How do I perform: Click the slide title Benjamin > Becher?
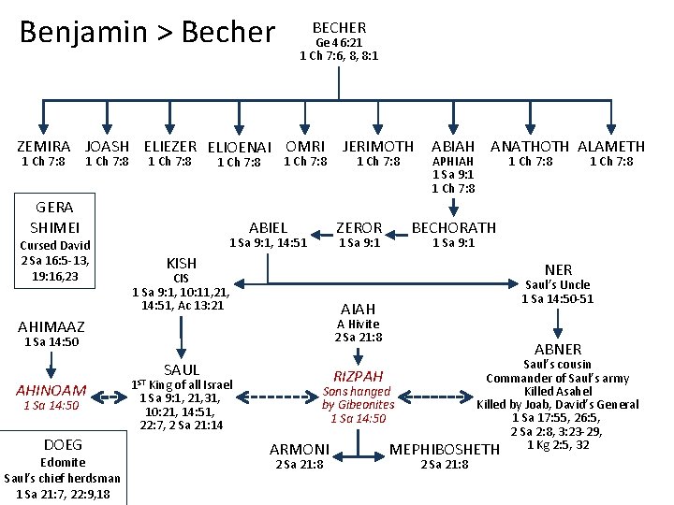point(147,33)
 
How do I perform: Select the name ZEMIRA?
point(44,147)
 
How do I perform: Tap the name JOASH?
point(107,147)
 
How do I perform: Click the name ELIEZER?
point(169,147)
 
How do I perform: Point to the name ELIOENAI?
point(239,148)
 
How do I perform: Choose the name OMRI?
point(305,147)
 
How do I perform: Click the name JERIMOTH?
point(377,147)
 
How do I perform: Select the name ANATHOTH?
point(530,147)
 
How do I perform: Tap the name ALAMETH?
point(611,147)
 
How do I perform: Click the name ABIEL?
point(268,227)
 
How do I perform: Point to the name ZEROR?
point(359,227)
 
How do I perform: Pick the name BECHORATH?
point(454,227)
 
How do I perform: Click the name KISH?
point(181,264)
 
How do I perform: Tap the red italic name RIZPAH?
point(359,376)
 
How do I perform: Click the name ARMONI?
point(300,450)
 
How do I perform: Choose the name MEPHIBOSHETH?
point(445,450)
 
